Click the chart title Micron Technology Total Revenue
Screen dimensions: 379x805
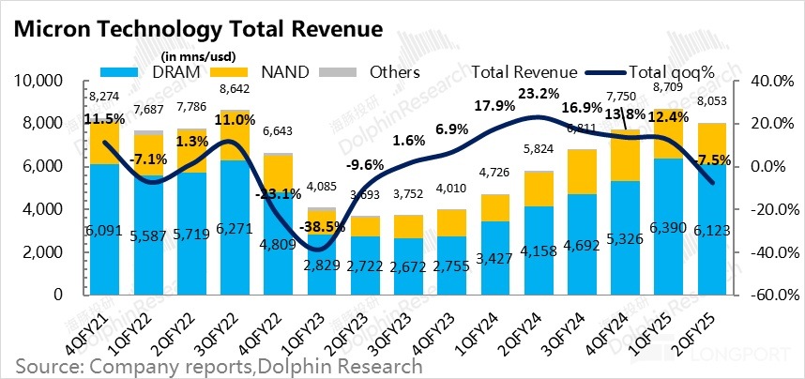[197, 29]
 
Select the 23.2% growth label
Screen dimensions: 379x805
[537, 94]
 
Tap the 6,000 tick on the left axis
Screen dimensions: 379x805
[41, 166]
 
